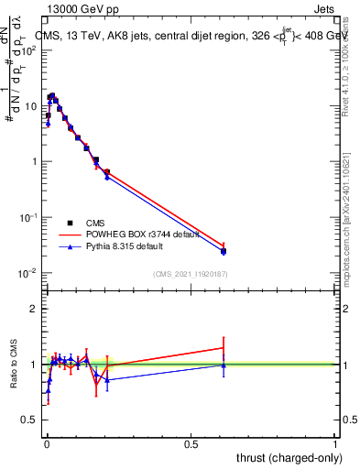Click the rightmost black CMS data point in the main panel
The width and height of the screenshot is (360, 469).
coord(224,250)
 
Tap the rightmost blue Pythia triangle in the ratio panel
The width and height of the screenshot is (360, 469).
coord(224,365)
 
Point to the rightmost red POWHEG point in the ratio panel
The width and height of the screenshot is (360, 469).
coord(224,347)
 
